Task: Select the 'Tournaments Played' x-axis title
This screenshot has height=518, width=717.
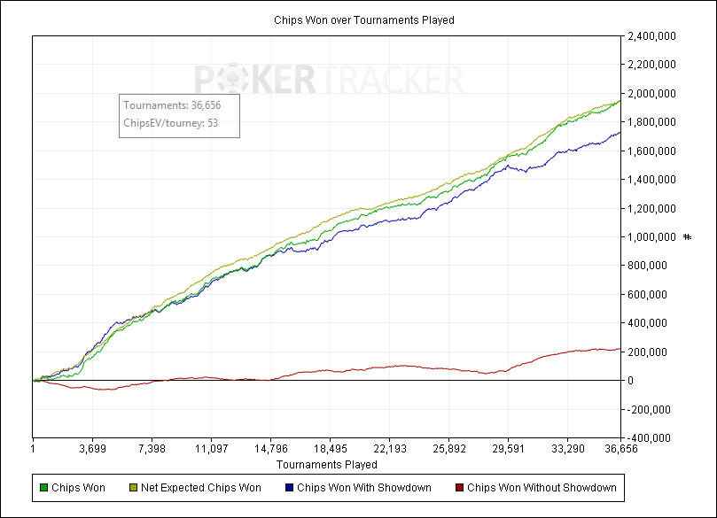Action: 326,464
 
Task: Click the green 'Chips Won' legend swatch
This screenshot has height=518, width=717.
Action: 44,487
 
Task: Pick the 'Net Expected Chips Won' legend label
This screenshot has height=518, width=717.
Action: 201,487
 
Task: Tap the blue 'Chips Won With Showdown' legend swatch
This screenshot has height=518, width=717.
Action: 290,487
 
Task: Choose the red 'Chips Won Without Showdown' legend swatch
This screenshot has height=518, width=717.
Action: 459,487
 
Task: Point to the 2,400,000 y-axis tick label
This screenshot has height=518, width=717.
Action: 653,36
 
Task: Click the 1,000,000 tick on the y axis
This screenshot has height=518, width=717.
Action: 653,237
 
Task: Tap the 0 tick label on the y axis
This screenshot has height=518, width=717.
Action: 630,381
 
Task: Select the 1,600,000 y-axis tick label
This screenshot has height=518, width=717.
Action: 653,151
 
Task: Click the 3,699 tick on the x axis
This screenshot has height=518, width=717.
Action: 92,449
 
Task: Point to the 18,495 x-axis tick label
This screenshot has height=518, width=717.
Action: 330,449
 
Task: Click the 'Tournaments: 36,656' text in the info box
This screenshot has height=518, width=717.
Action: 172,105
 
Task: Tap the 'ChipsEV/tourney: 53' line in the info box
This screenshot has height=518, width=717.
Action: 171,122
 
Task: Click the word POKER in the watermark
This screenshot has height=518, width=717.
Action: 253,81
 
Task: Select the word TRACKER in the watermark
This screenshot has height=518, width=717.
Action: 390,81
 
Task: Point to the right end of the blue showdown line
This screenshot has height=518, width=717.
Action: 620,133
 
